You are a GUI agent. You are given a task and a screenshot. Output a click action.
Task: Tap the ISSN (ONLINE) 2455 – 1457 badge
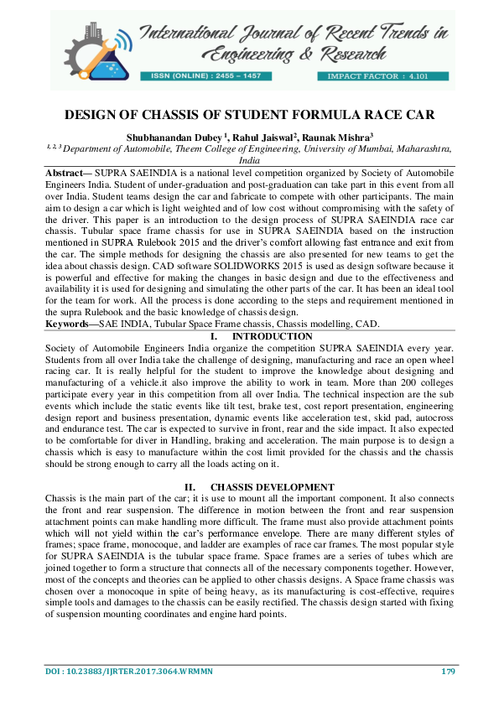(205, 75)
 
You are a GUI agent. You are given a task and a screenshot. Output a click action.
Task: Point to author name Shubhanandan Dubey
(173, 136)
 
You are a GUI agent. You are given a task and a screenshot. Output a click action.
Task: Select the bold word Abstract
(65, 170)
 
